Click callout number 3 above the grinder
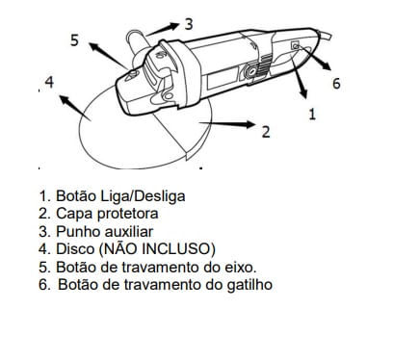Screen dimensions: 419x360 pyautogui.click(x=187, y=22)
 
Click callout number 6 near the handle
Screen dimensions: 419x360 pyautogui.click(x=336, y=84)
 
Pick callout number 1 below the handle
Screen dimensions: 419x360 pyautogui.click(x=311, y=113)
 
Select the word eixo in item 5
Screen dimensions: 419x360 pyautogui.click(x=239, y=267)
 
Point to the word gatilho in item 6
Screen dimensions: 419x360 pyautogui.click(x=245, y=285)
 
